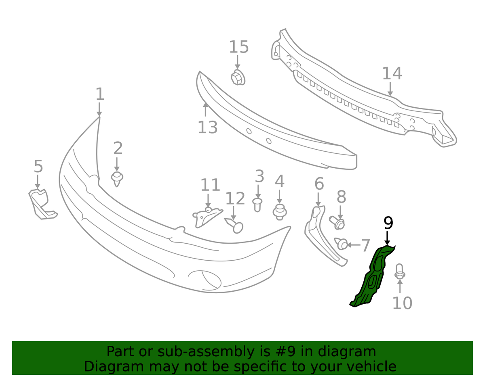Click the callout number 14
[x=392, y=73]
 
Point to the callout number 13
[x=208, y=127]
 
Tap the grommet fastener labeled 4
[x=279, y=211]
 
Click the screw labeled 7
[x=342, y=244]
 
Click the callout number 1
[x=100, y=94]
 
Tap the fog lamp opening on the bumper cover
[x=204, y=280]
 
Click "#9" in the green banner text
[x=273, y=352]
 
